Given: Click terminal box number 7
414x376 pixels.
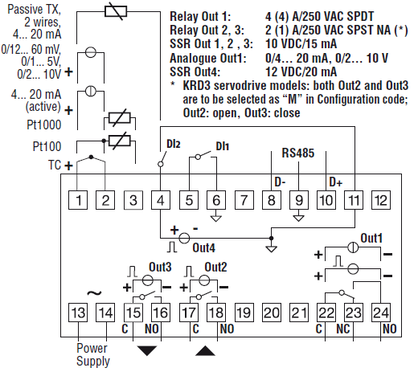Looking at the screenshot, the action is pos(244,200).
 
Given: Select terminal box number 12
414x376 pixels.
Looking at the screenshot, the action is pos(381,200).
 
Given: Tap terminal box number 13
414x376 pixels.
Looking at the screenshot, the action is pos(78,313).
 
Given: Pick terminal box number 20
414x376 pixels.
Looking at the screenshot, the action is pos(272,313).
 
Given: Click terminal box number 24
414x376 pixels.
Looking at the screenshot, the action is pos(381,313).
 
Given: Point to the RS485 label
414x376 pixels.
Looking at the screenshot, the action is pos(298,153).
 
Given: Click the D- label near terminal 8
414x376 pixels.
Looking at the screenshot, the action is pos(280,182).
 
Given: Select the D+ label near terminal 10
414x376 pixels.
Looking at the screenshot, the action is pos(336,182).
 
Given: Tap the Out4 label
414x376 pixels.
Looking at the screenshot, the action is pos(203,247).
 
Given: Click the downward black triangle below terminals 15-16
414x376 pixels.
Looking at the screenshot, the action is pos(147,349).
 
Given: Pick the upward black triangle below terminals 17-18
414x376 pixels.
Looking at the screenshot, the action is pos(205,351).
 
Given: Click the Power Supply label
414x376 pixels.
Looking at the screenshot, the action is pos(93,354).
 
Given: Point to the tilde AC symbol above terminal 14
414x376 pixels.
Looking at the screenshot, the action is pos(94,293).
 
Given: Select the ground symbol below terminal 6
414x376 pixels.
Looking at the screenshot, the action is pos(216,219).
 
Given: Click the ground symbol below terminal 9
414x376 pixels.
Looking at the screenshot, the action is pos(298,219).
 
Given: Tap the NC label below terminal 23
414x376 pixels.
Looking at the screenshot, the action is pos(343,329).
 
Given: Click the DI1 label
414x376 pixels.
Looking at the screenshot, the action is pos(223,146).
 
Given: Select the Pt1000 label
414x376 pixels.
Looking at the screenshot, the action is pos(44,125).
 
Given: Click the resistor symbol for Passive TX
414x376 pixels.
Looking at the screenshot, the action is pos(116,11).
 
